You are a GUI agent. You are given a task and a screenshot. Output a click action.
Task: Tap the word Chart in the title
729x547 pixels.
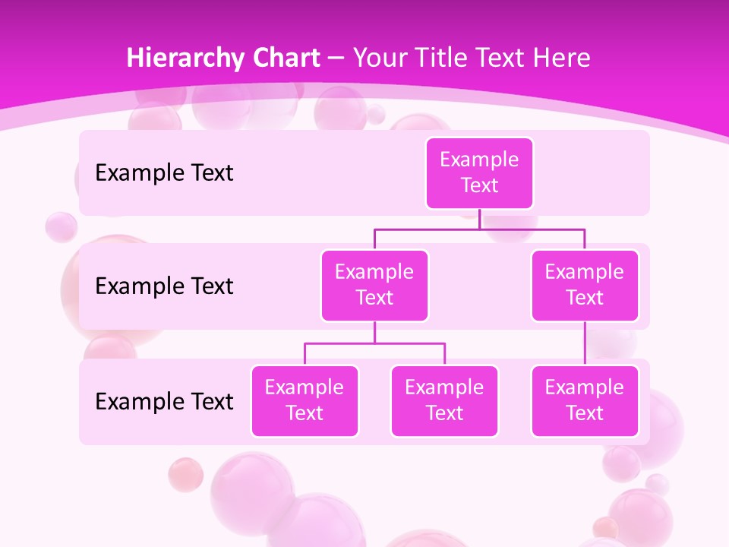click(x=284, y=58)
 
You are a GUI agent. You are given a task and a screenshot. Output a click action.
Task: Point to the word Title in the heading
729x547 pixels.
click(x=452, y=58)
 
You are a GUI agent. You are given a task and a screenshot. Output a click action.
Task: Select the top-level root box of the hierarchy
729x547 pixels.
click(x=479, y=172)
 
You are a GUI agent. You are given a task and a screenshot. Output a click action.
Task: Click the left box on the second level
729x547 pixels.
click(x=374, y=285)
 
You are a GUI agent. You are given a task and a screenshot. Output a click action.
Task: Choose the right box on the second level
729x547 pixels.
click(x=585, y=285)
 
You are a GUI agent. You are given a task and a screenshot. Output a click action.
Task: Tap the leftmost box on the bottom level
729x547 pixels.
click(x=305, y=400)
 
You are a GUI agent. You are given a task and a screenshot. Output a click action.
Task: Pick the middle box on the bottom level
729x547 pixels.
click(x=444, y=400)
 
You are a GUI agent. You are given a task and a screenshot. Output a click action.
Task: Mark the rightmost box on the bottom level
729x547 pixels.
click(x=585, y=400)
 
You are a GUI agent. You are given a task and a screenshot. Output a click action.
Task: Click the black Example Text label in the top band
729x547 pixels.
click(x=164, y=173)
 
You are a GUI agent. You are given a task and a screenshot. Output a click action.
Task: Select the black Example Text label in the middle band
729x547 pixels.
click(x=164, y=286)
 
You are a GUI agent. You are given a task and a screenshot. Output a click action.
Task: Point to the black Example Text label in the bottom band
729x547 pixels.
click(x=164, y=401)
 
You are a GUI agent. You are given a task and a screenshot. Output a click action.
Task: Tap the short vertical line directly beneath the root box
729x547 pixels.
click(x=479, y=219)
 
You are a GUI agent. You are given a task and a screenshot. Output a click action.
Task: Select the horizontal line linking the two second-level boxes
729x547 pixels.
click(x=479, y=228)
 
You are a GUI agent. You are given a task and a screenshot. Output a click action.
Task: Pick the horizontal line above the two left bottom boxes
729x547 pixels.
click(x=374, y=343)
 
